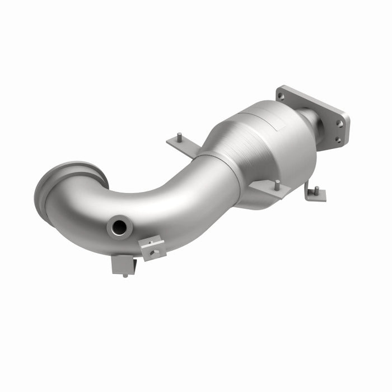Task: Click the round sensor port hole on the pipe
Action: click(119, 227)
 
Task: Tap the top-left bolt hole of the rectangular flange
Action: click(281, 96)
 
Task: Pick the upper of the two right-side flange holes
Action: click(339, 123)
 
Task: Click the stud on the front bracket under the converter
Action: click(276, 184)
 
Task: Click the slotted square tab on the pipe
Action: click(152, 248)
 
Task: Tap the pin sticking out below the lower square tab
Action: click(124, 274)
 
